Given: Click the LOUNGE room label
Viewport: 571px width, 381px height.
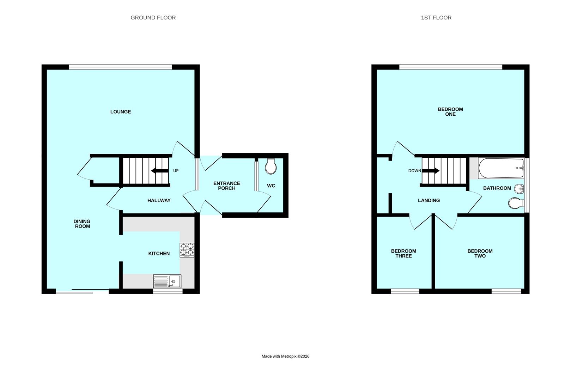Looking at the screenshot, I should [121, 112].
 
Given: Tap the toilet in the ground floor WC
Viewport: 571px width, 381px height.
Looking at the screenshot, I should [271, 167].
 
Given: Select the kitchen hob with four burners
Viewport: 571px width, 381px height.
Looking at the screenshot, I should [187, 249].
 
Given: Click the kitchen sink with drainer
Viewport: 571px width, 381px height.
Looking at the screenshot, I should [167, 281].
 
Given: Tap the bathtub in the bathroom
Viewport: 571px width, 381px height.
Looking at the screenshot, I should [501, 168].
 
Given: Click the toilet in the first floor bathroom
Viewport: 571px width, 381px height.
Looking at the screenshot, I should [516, 203].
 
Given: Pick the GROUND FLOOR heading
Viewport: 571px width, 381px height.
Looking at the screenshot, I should [153, 18].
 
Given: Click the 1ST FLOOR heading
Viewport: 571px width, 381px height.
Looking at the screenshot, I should [436, 18].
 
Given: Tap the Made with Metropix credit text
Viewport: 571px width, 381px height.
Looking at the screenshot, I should [285, 356].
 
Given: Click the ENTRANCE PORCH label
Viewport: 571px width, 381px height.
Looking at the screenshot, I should [227, 186].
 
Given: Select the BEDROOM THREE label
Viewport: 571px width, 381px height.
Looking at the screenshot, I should [403, 253].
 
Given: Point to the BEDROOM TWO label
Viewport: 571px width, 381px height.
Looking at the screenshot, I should [480, 253].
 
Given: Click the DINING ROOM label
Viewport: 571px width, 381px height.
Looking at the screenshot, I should [82, 224].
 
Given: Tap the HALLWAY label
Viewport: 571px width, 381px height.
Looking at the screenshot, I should [159, 200].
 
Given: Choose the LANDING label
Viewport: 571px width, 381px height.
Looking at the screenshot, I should [429, 200].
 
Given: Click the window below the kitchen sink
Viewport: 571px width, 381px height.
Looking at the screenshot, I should [168, 291].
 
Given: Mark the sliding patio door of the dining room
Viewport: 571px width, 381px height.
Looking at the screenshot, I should [82, 291].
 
